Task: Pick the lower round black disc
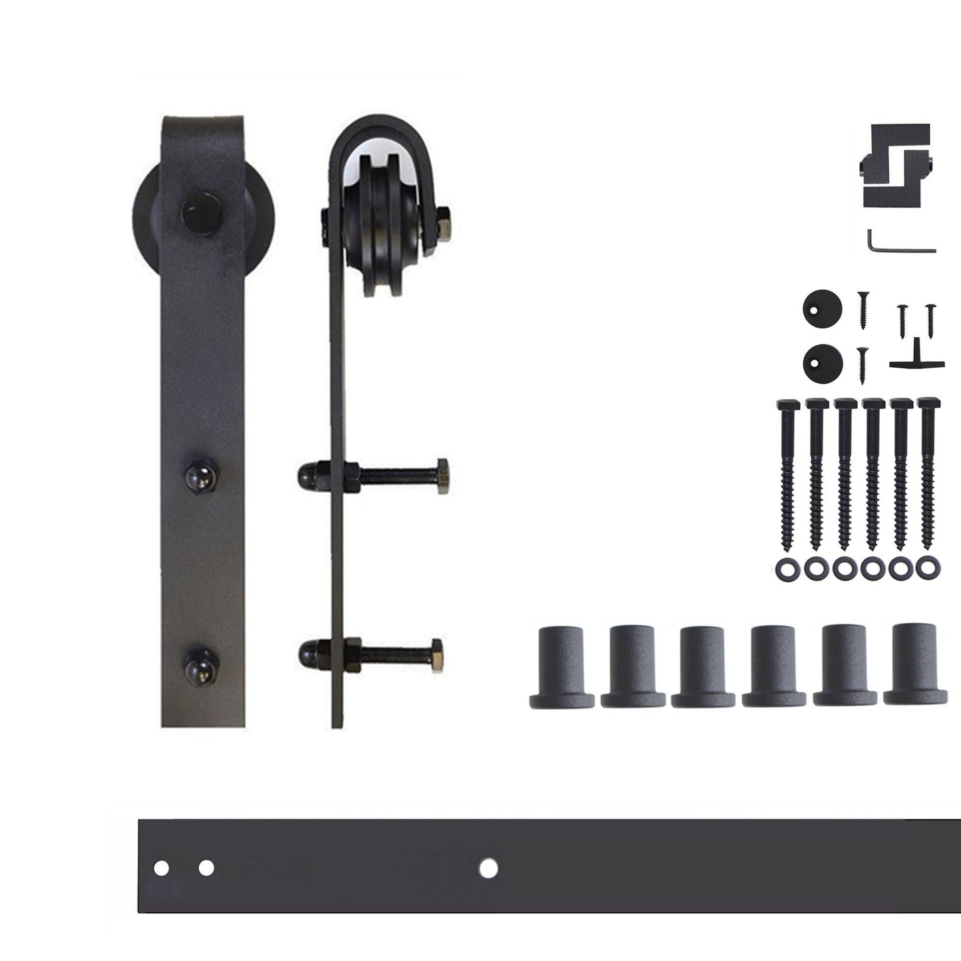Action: point(822,362)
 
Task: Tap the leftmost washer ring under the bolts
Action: point(785,569)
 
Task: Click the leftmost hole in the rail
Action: point(161,868)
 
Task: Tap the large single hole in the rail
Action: point(489,867)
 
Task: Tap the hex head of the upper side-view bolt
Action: point(442,476)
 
